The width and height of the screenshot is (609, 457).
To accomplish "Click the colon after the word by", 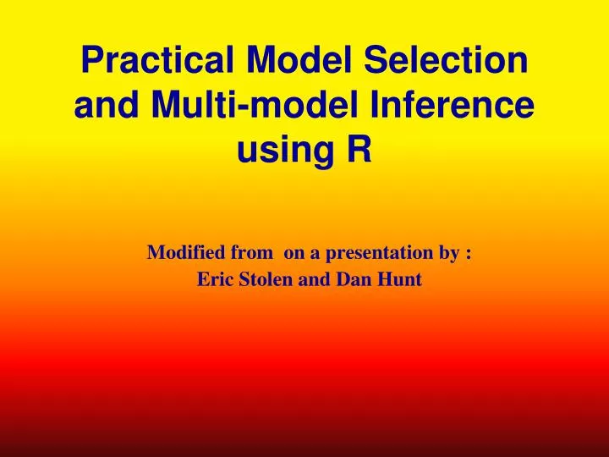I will (468, 253).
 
